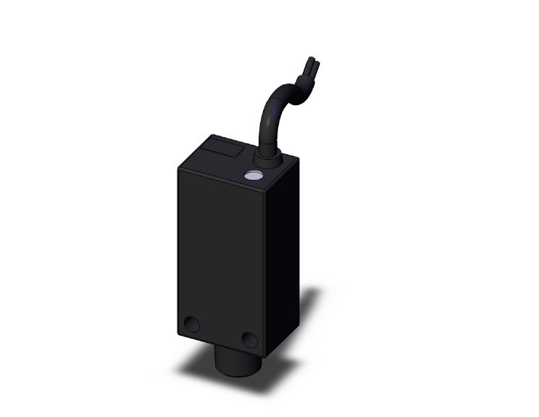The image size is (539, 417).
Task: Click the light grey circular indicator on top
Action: (254, 176)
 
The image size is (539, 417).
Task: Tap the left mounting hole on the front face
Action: (193, 325)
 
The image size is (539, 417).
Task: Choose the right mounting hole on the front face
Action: (249, 339)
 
